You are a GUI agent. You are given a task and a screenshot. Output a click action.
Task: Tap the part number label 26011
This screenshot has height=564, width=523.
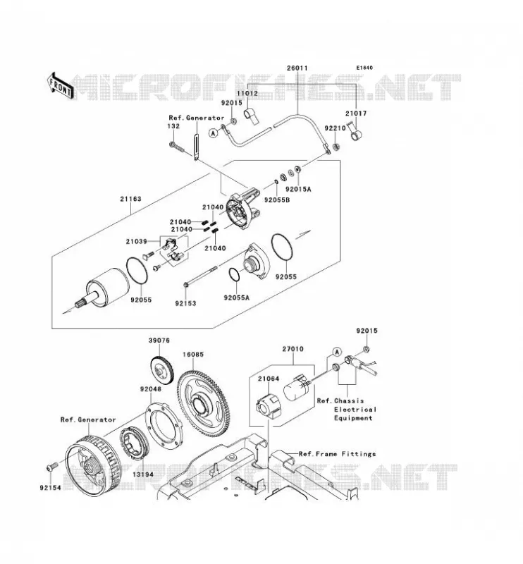click(x=297, y=68)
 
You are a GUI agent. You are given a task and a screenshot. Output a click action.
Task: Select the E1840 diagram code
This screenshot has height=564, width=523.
click(x=364, y=68)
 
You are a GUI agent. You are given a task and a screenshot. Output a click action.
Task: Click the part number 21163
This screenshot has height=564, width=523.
click(x=130, y=199)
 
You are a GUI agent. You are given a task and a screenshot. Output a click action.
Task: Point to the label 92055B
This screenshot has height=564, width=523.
click(x=277, y=200)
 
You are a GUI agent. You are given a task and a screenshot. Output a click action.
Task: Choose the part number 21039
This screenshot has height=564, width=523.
click(x=137, y=241)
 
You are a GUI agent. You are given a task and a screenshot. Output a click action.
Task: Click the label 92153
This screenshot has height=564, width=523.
click(x=185, y=303)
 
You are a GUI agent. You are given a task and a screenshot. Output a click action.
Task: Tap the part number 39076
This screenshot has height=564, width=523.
click(x=159, y=341)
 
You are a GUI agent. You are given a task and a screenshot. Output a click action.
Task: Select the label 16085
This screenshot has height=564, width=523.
click(x=193, y=355)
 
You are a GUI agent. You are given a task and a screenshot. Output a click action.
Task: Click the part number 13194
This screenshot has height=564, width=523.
click(x=143, y=474)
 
